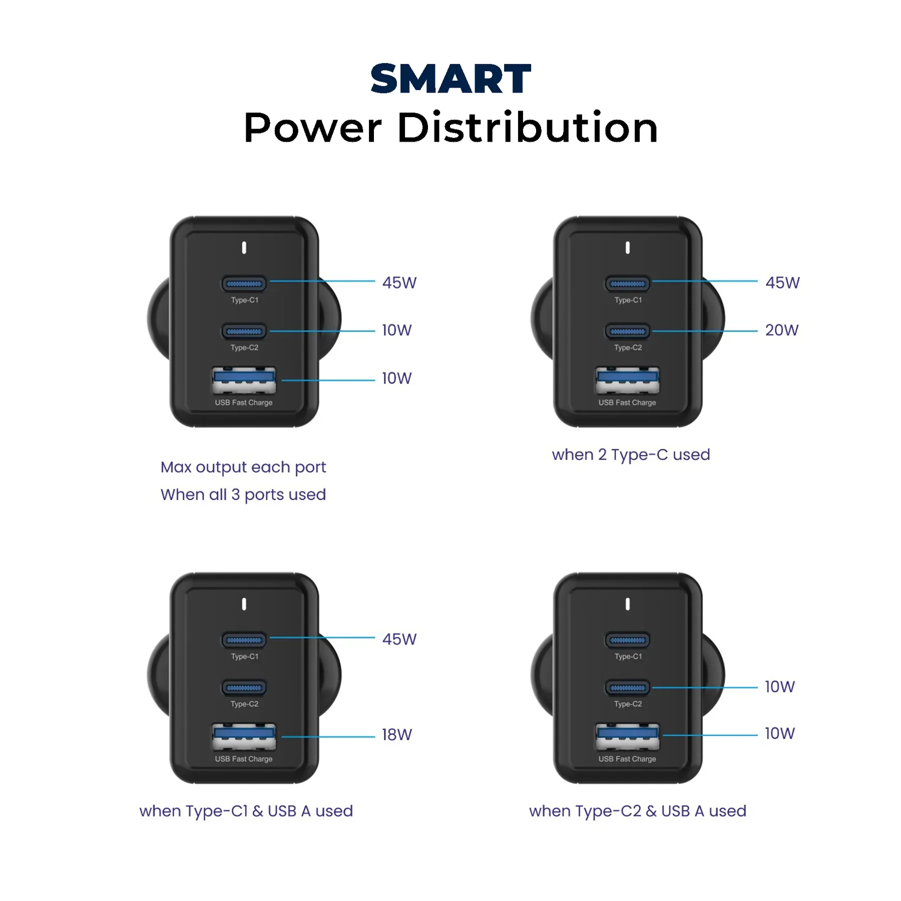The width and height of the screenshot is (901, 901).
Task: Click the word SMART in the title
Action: [450, 79]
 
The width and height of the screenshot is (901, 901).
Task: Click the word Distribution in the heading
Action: [528, 128]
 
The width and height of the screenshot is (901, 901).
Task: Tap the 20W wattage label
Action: [782, 330]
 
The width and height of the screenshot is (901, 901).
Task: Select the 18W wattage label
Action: [397, 735]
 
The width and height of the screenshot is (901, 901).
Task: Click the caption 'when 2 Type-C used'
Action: [631, 455]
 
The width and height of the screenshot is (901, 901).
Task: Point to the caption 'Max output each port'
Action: [243, 468]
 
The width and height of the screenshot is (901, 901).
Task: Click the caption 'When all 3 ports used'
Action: [243, 495]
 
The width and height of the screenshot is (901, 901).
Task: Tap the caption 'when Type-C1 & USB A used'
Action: [246, 811]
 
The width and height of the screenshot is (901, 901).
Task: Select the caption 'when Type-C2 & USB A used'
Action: [638, 811]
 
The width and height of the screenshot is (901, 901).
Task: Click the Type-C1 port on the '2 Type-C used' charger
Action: [628, 284]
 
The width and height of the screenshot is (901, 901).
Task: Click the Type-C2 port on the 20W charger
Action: [628, 331]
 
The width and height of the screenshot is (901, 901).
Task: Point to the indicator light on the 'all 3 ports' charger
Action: [244, 248]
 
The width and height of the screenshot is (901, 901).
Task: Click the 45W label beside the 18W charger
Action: [399, 639]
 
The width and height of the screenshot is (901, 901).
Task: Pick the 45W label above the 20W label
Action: [782, 283]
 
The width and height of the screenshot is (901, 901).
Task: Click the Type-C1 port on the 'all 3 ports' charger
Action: [244, 284]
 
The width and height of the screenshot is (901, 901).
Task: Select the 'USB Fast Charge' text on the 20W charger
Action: [627, 402]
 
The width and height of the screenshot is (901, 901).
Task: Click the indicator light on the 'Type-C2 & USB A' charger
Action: [628, 604]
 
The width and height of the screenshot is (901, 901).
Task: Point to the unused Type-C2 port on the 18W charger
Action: [244, 688]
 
